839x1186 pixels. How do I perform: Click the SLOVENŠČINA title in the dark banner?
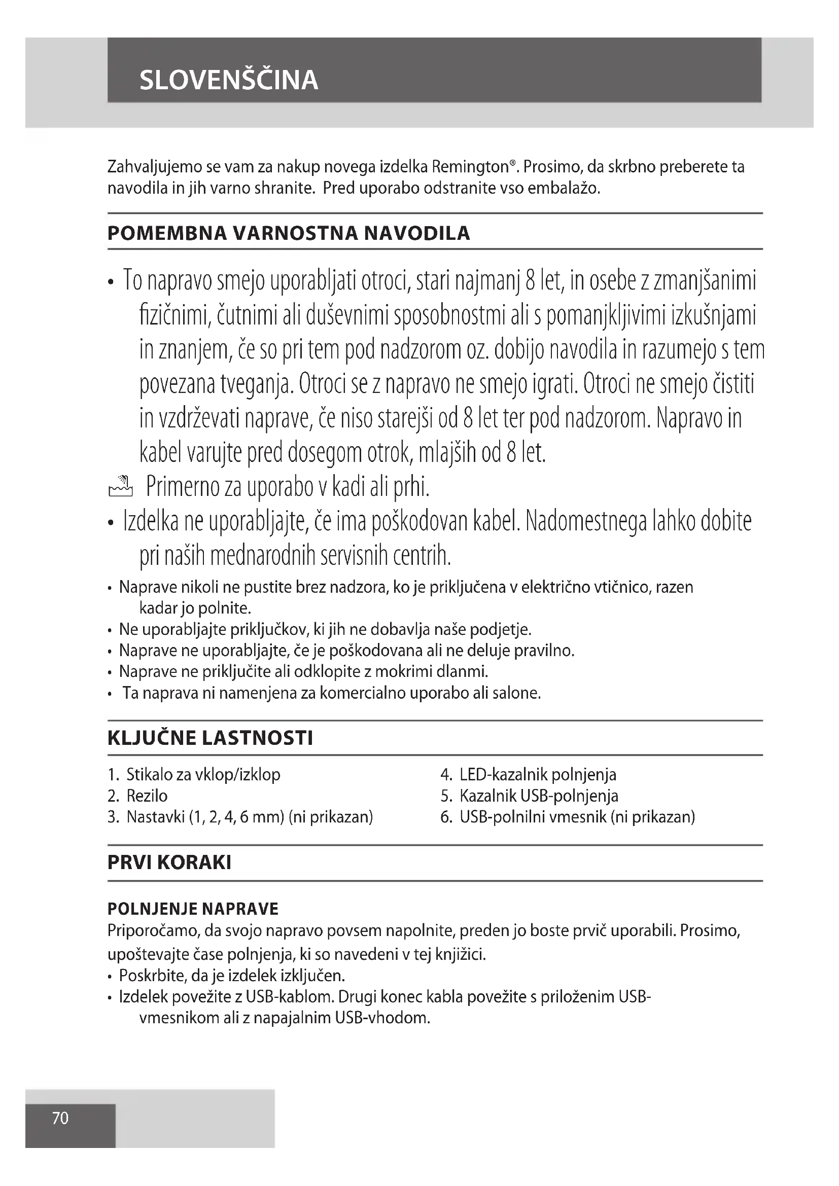tap(228, 80)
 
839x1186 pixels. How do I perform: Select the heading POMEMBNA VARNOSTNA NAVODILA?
tap(288, 233)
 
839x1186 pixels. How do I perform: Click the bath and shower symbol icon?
tap(120, 487)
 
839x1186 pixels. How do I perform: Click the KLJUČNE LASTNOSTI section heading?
tap(210, 738)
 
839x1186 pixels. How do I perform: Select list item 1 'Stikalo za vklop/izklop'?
tap(202, 774)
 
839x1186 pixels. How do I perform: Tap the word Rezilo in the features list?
tap(147, 796)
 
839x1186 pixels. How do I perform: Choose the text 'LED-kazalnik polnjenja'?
tap(537, 774)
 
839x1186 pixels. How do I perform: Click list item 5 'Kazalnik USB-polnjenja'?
tap(538, 796)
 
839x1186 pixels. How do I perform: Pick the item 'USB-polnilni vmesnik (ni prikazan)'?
tap(577, 817)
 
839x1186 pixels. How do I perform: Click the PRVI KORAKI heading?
tap(169, 862)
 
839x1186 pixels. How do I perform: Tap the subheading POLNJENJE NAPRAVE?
tap(193, 909)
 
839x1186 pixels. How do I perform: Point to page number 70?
tap(60, 1118)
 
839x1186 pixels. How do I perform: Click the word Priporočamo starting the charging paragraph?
tap(152, 931)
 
